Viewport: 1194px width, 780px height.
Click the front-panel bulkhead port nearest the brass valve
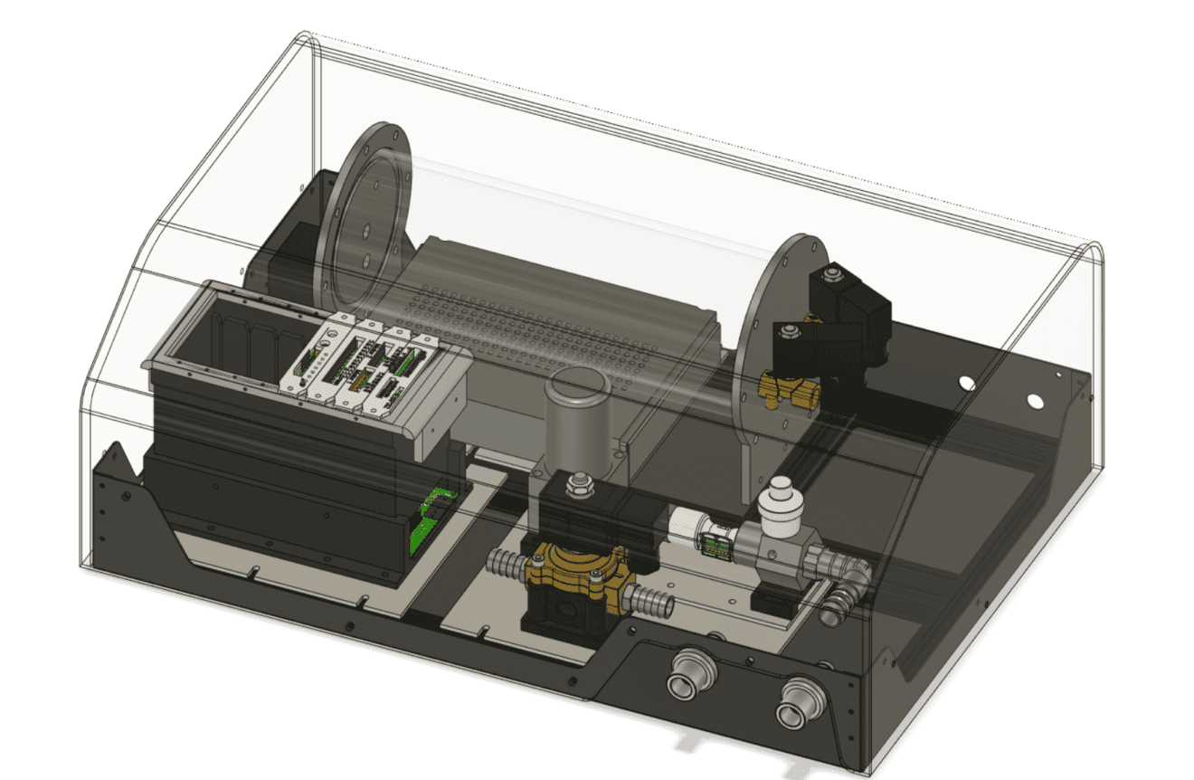[x=692, y=674]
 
